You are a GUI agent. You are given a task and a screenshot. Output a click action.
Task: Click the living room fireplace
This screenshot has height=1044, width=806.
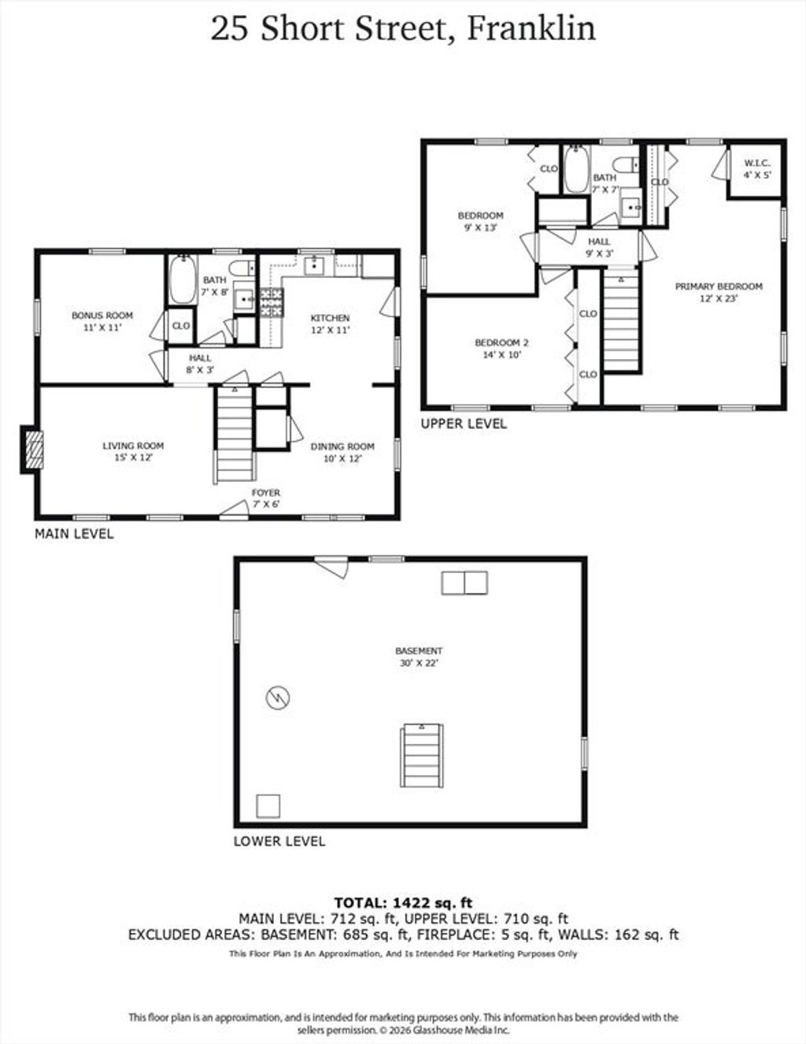(32, 450)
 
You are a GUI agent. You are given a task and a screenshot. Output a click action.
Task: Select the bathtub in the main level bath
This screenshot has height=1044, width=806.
(183, 280)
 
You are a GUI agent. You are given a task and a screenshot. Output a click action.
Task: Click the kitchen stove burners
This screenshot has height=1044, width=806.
(272, 303)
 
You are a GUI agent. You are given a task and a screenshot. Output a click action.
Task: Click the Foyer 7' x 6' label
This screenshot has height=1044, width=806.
(265, 498)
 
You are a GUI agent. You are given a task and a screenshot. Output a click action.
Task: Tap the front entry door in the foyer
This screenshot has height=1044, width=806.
(235, 509)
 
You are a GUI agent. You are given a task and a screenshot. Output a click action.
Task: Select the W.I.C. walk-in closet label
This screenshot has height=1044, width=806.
(757, 168)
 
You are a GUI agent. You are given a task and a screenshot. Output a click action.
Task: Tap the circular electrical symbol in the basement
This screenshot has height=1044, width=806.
(278, 697)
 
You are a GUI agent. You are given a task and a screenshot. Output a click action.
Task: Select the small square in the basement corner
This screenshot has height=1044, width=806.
(268, 806)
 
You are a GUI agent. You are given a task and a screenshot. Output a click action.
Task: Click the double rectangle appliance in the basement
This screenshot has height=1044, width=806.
(464, 583)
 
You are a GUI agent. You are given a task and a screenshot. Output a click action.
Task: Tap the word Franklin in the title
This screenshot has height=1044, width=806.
(531, 28)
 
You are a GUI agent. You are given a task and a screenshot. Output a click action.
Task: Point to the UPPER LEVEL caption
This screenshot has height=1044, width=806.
(464, 424)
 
